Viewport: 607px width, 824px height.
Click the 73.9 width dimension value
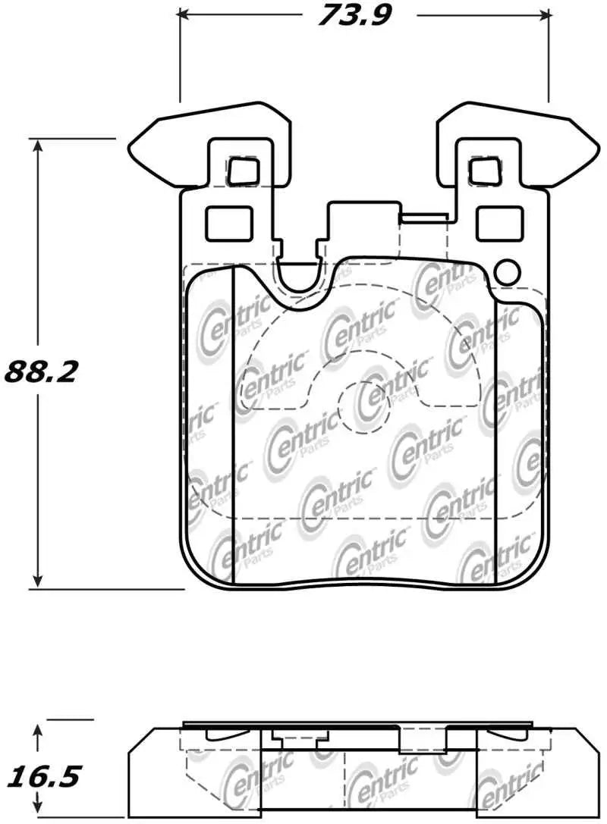coord(353,14)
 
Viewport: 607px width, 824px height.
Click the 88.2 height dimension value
coord(42,371)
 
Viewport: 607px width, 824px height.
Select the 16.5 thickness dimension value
coord(43,777)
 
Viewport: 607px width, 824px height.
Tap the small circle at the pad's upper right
coord(505,271)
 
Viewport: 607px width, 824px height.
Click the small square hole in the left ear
coord(243,170)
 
